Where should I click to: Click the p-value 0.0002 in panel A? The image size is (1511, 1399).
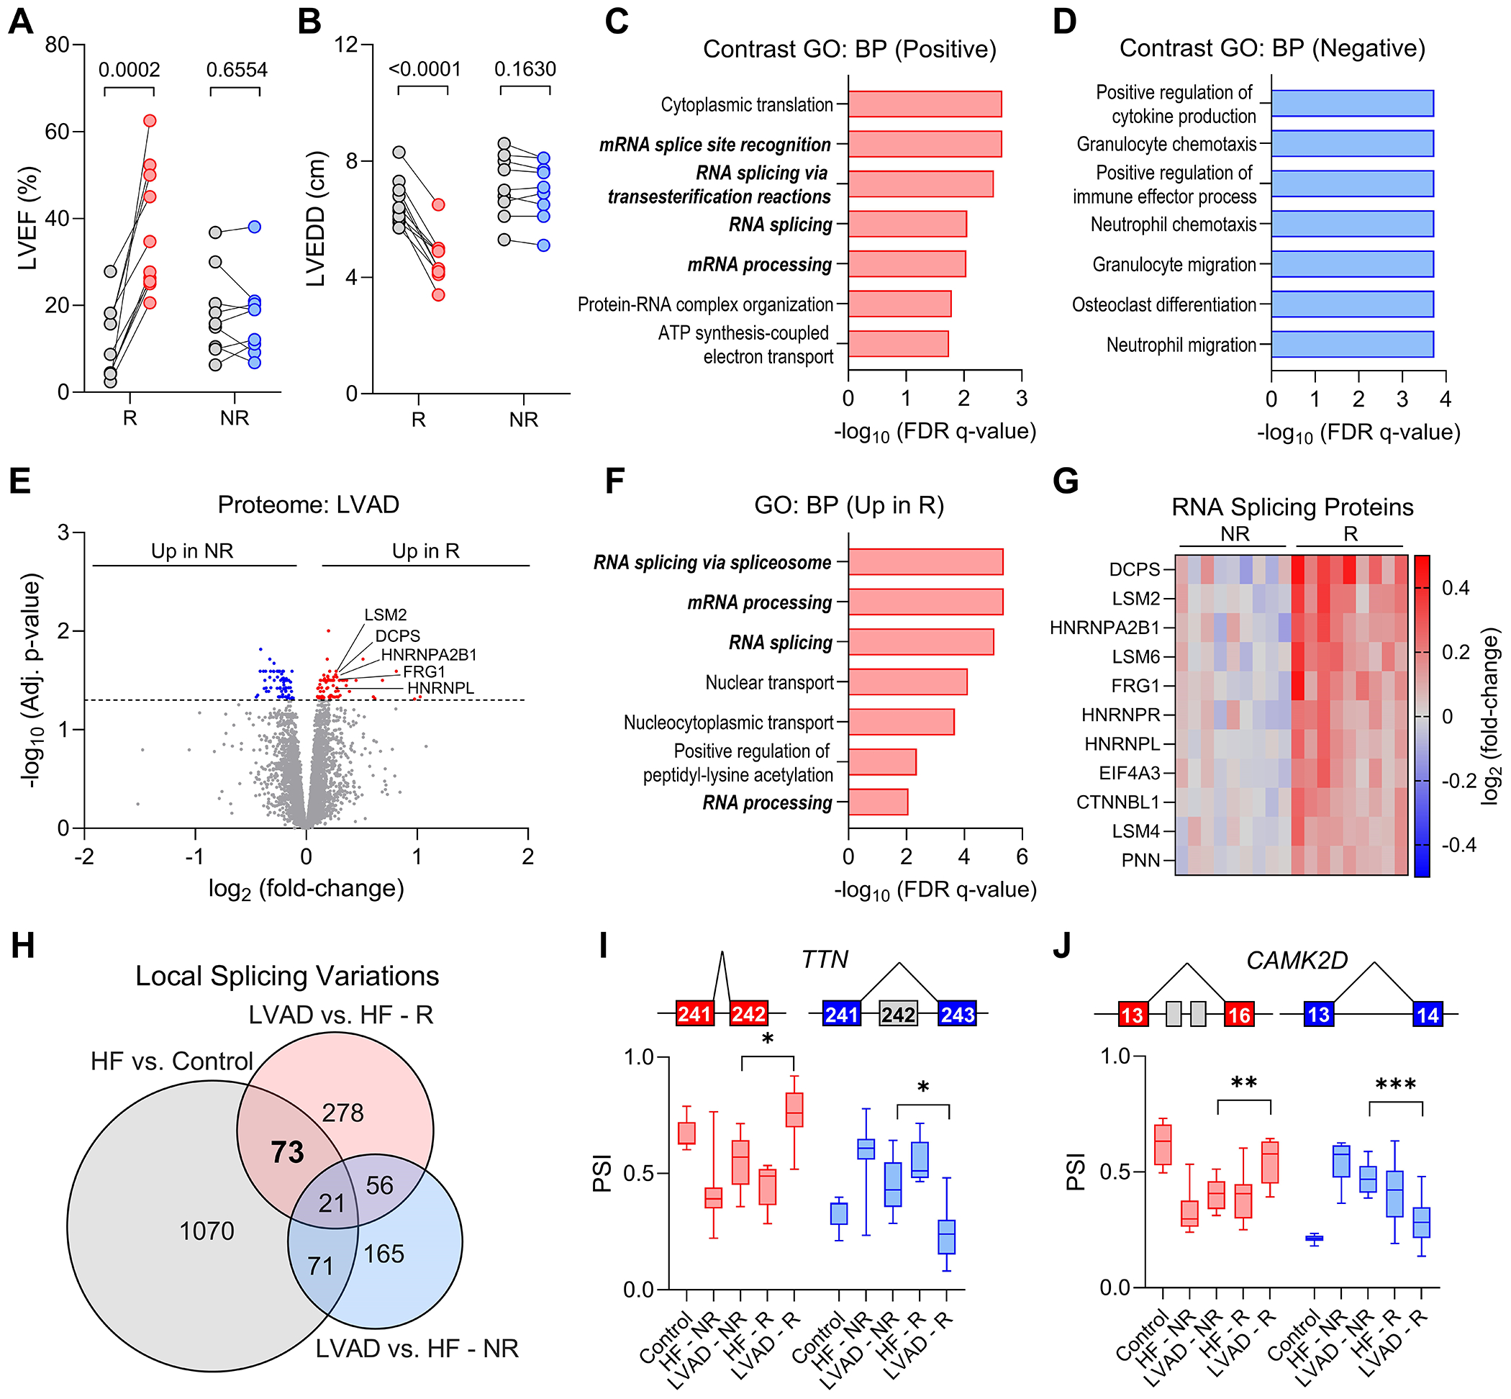(130, 71)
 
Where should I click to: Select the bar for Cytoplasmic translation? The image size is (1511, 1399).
(925, 104)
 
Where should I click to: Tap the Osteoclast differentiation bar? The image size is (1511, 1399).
(1352, 304)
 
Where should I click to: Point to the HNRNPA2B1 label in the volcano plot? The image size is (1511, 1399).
(428, 655)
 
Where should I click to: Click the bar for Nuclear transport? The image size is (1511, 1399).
(907, 682)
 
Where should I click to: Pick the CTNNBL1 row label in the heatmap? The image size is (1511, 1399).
(1117, 802)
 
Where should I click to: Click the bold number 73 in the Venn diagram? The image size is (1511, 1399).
(288, 1152)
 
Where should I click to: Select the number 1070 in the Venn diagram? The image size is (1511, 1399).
(207, 1231)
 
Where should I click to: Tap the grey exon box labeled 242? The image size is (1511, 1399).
(898, 1014)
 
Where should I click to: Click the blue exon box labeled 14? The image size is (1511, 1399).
(1427, 1015)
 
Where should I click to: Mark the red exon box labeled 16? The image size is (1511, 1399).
(1238, 1015)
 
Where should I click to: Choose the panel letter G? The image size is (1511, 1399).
(1066, 481)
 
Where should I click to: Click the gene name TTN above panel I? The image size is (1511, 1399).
(825, 960)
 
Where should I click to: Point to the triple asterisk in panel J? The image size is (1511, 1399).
(1395, 1085)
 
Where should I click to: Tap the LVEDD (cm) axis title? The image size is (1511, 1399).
(316, 219)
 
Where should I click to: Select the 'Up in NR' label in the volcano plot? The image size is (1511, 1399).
(192, 551)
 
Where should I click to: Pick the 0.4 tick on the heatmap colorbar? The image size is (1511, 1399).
(1455, 587)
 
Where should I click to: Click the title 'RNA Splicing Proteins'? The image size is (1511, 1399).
(1292, 507)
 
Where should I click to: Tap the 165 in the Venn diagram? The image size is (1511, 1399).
(384, 1254)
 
